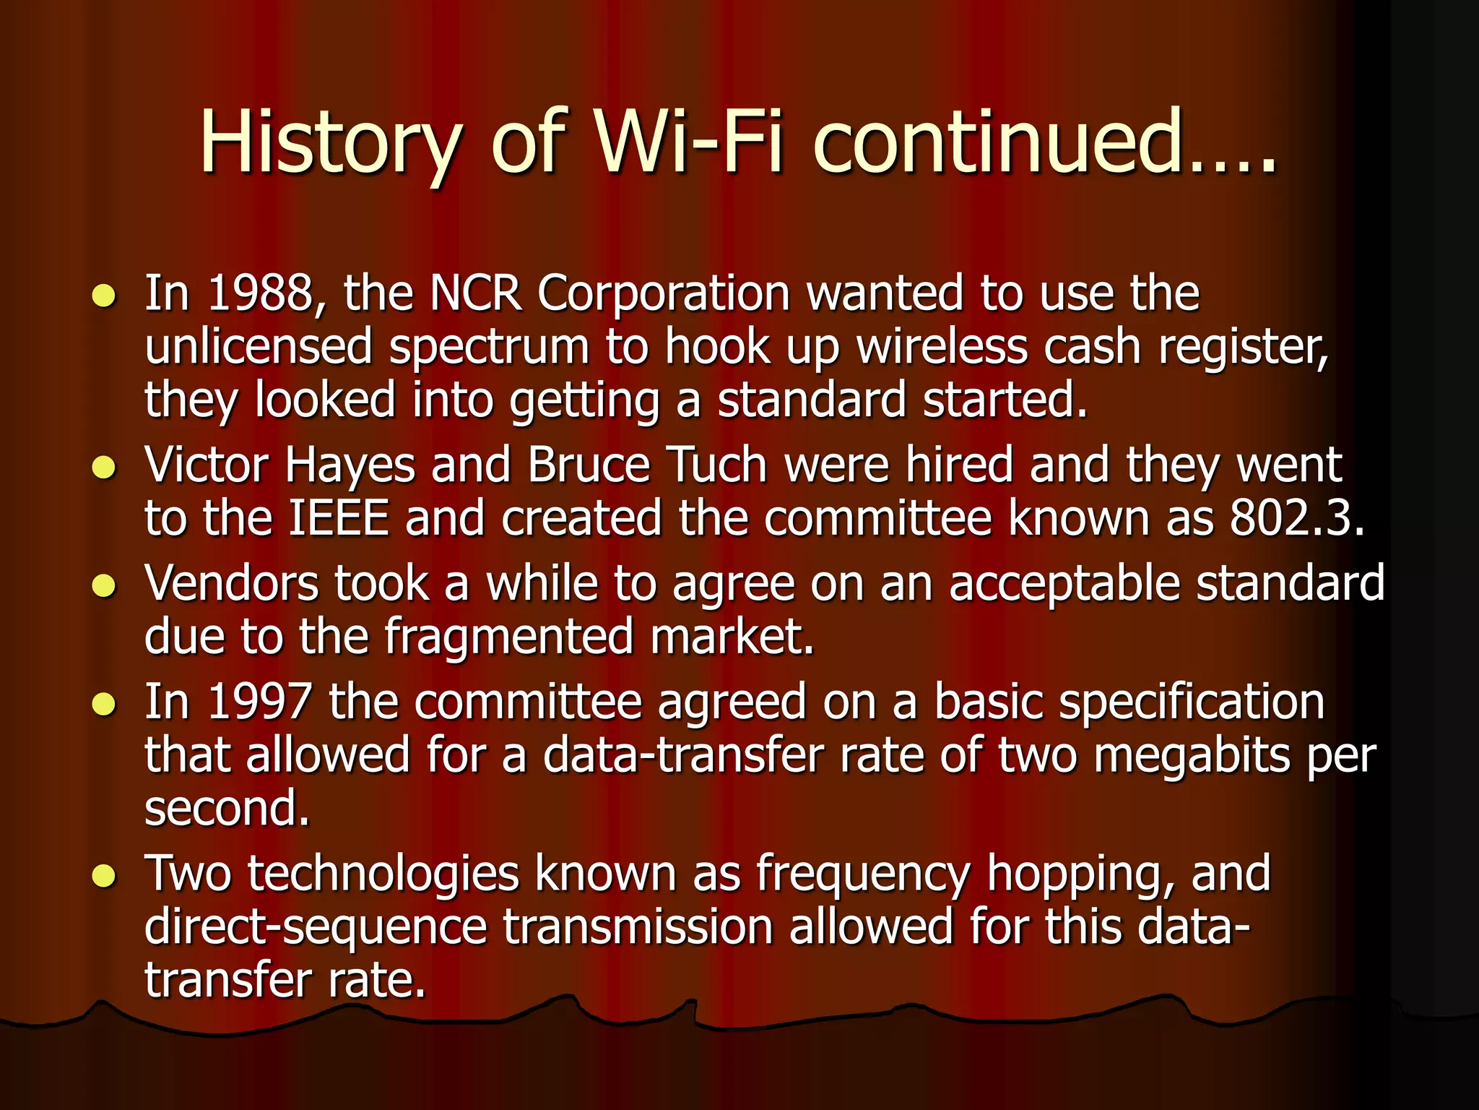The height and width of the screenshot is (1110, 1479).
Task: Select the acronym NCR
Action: pos(475,293)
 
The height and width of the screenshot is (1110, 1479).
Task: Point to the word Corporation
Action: pos(664,293)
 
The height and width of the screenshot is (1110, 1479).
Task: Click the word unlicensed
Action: pos(259,347)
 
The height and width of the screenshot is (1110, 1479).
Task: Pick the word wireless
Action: pos(942,347)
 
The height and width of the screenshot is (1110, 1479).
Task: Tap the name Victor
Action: pos(207,465)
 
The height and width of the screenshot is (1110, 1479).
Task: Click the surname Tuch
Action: pos(717,465)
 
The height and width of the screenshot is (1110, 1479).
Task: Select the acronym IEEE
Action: pos(339,518)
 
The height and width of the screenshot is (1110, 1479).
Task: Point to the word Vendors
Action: pos(231,583)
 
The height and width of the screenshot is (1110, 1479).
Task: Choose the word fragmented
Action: pos(508,637)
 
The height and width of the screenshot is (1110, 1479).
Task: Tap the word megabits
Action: pos(1192,755)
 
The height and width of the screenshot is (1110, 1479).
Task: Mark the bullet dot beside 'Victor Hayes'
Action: pos(105,468)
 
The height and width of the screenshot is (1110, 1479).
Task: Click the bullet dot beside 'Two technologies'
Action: pos(105,876)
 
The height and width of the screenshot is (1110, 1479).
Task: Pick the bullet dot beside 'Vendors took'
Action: pos(105,585)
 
